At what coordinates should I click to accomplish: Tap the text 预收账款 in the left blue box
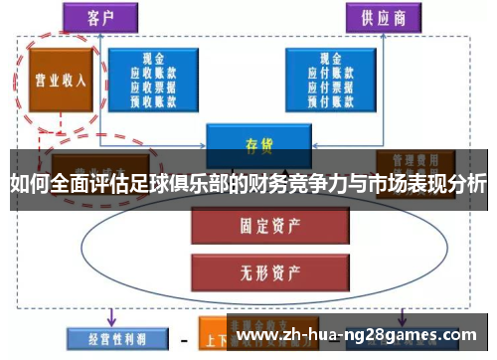pos(153,98)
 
